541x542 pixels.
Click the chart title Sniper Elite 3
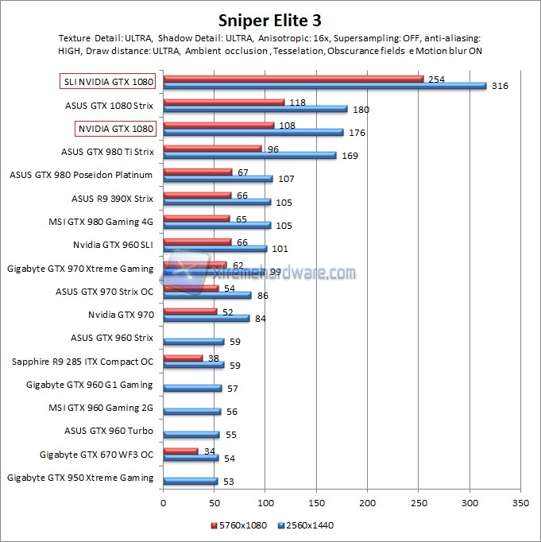270,19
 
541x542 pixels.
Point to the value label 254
435,79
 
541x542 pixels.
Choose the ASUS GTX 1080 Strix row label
109,104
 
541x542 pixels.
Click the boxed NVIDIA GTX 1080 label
115,127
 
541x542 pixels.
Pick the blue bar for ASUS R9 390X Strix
217,202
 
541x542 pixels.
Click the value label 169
349,156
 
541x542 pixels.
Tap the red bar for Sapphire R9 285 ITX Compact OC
183,358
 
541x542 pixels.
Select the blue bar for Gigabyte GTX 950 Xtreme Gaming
190,481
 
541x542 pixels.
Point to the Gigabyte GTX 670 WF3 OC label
96,455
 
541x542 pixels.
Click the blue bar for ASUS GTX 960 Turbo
191,435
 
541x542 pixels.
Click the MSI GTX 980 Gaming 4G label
102,221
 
